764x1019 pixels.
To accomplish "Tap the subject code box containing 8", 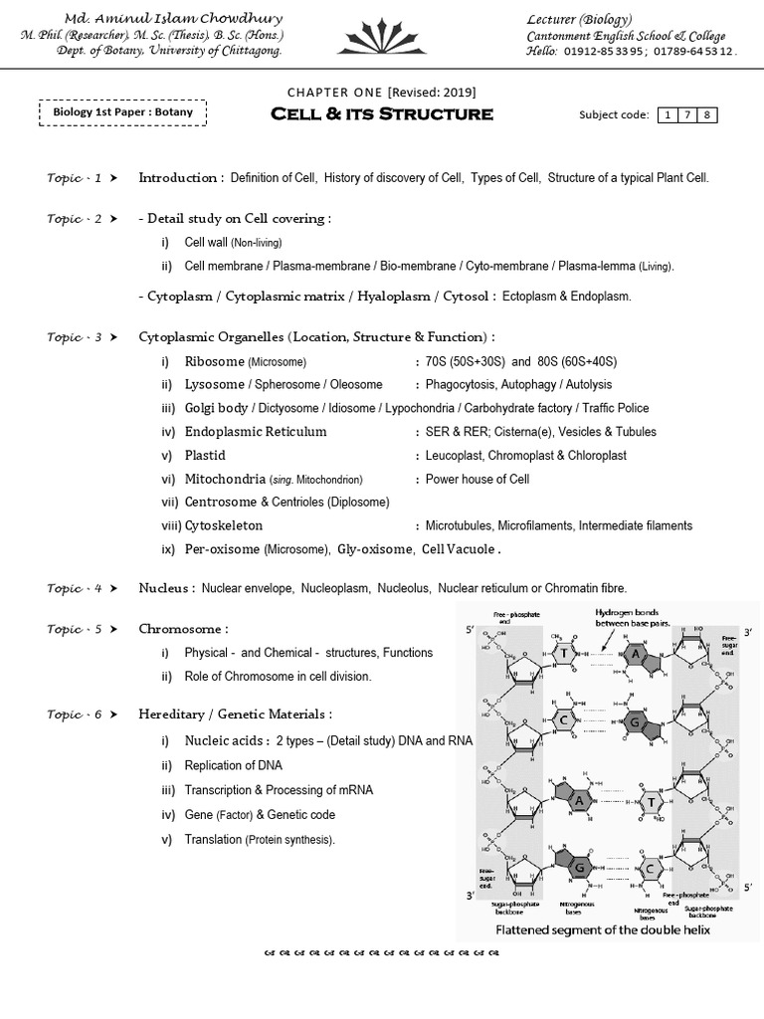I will coord(705,115).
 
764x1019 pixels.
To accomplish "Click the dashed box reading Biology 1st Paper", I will coord(123,112).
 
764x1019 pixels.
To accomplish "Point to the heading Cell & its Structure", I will coord(382,114).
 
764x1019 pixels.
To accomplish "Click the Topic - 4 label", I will coord(75,589).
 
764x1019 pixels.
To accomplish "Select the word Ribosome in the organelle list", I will coord(214,361).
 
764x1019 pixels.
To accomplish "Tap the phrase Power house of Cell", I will coord(477,479).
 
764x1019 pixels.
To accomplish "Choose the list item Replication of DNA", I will coord(233,765).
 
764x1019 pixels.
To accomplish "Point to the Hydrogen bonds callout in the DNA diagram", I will coord(634,618).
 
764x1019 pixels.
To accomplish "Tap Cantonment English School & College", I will coord(625,36).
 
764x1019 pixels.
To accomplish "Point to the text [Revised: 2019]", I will coord(431,93).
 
